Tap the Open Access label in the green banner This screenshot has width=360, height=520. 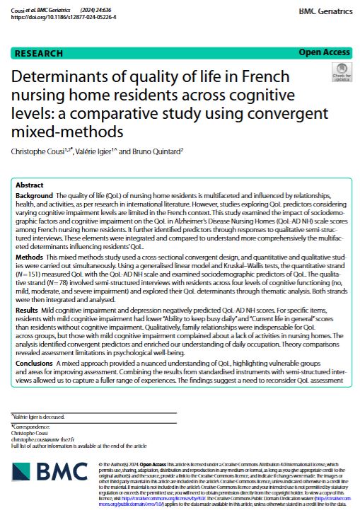pyautogui.click(x=324, y=53)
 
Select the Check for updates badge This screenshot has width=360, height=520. pyautogui.click(x=340, y=71)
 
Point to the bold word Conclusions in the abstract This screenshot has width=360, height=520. pyautogui.click(x=36, y=362)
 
